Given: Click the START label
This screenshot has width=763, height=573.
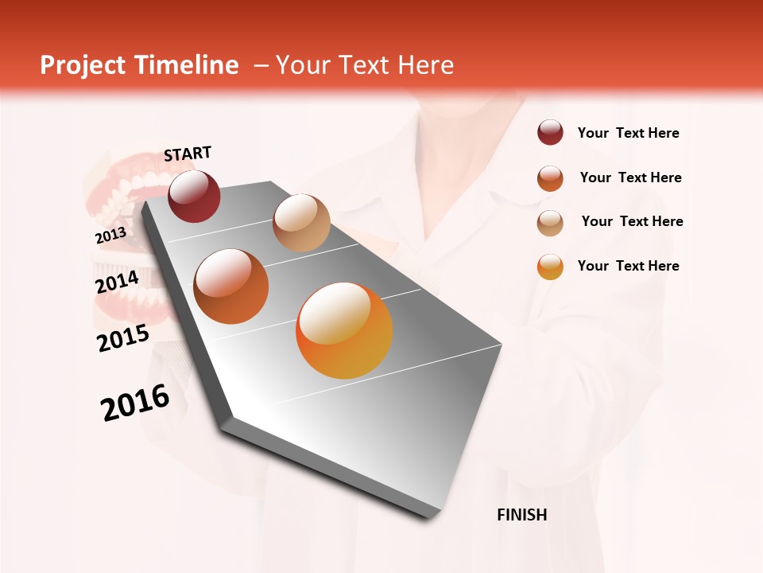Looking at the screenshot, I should [188, 154].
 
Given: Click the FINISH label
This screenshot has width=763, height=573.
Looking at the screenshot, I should [521, 515].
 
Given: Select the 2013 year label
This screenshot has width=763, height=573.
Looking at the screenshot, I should [110, 236].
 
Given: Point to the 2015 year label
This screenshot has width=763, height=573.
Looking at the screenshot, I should [123, 337].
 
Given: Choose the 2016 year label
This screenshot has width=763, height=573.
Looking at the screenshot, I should [135, 403].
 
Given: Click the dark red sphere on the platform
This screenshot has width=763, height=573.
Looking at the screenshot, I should [194, 196].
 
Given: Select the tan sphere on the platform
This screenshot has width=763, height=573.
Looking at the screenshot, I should [301, 223].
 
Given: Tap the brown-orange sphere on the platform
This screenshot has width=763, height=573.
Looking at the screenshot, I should [231, 286].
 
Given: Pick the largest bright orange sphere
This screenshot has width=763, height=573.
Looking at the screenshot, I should [344, 330].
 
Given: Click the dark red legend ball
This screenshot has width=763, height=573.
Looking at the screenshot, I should [550, 133].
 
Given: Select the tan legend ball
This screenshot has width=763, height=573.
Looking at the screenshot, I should [550, 222].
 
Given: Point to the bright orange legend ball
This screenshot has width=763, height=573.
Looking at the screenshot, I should [550, 266].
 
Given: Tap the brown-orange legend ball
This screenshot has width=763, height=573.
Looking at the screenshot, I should [550, 177].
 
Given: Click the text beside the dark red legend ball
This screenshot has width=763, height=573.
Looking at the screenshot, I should [628, 133].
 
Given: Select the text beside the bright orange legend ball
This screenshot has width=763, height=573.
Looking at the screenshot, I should [628, 266].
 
